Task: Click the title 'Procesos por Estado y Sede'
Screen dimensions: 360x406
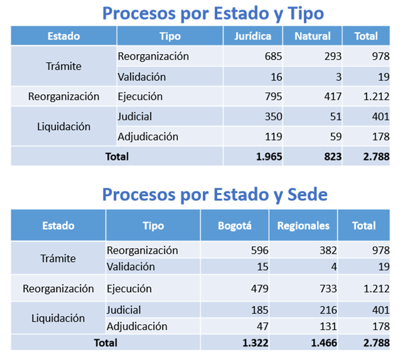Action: (x=215, y=194)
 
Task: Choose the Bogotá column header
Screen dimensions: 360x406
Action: (x=235, y=226)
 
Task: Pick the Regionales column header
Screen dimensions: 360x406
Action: (x=303, y=226)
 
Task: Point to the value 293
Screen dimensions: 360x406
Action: (x=333, y=57)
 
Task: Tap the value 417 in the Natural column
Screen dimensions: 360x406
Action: (x=333, y=97)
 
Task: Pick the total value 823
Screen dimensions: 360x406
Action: (x=331, y=156)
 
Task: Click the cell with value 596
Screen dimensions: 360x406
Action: (x=259, y=250)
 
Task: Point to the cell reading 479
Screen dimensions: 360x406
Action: (x=259, y=289)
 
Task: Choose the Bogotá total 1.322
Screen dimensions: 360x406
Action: (x=254, y=343)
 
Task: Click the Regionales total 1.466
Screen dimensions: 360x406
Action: (x=322, y=343)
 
